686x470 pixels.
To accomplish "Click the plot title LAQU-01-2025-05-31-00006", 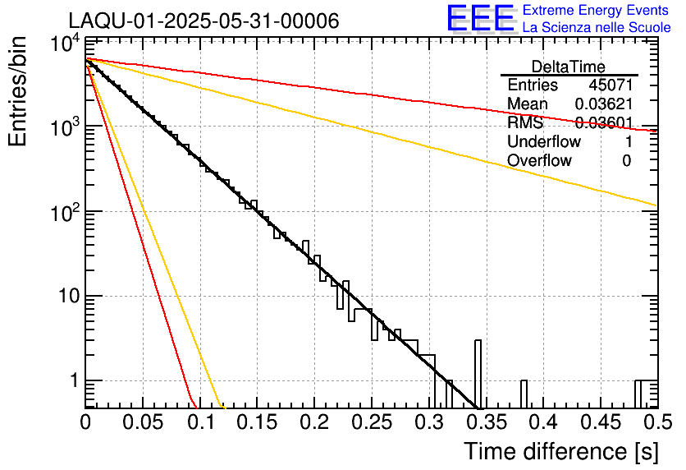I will pyautogui.click(x=204, y=21).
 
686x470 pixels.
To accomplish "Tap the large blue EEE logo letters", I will pyautogui.click(x=480, y=19).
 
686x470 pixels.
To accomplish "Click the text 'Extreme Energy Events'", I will pyautogui.click(x=596, y=11).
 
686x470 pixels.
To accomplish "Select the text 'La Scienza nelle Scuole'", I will pyautogui.click(x=596, y=27).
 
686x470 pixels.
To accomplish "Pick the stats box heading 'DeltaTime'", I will pyautogui.click(x=569, y=67).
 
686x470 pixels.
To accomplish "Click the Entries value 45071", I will pyautogui.click(x=610, y=85).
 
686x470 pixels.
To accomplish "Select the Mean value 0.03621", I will pyautogui.click(x=603, y=104).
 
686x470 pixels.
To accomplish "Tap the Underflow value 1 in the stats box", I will pyautogui.click(x=627, y=142).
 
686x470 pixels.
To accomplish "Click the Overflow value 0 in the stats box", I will pyautogui.click(x=626, y=161).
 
